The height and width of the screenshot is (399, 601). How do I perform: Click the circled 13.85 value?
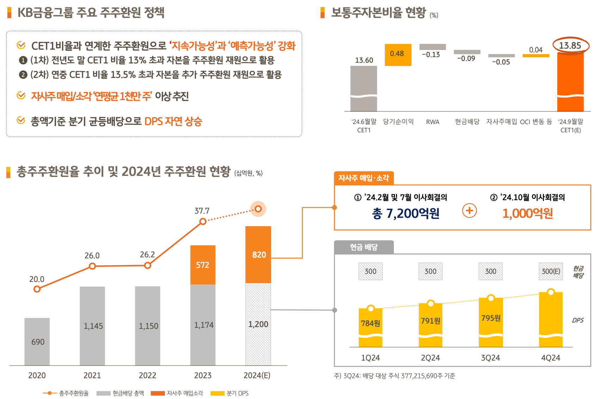[x=570, y=45]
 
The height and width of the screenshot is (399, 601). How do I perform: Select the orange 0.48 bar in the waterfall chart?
[x=398, y=55]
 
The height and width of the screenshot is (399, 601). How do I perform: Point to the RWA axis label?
[x=433, y=122]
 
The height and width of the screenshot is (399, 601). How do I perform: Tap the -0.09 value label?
[x=466, y=59]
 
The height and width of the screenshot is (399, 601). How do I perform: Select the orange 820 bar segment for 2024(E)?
[x=258, y=254]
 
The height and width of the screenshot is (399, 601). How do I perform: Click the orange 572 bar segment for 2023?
[x=203, y=265]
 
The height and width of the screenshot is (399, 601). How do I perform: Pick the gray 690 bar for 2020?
[x=37, y=341]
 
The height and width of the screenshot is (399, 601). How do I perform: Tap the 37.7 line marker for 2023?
[x=203, y=221]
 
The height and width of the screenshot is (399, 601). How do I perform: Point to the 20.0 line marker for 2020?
[x=37, y=289]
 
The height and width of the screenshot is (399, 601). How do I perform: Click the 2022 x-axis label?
[x=147, y=375]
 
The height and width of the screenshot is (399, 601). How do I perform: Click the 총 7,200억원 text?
[x=405, y=213]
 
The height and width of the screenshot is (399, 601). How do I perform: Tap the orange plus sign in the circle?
[x=469, y=211]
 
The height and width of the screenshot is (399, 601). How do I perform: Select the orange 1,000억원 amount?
[x=527, y=213]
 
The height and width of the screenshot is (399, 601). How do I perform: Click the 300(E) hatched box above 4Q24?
[x=551, y=271]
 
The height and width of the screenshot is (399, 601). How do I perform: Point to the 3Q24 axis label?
[x=490, y=358]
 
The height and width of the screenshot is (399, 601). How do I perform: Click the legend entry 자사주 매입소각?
[x=177, y=393]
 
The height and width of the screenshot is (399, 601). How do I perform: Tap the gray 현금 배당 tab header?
[x=364, y=247]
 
